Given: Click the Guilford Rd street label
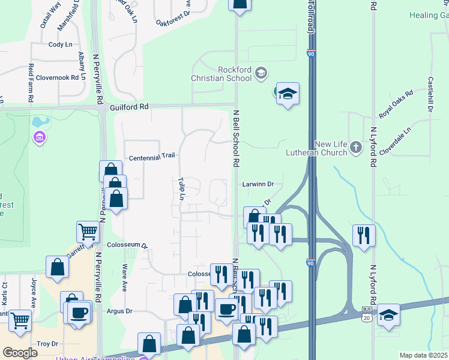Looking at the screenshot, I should coord(129,106).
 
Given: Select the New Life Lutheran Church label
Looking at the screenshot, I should coord(331,148).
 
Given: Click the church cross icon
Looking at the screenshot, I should coord(356,147).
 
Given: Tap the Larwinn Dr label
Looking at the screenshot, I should coord(258,184).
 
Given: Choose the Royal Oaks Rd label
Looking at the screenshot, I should coord(396,104).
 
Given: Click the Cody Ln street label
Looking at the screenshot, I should coord(60,44).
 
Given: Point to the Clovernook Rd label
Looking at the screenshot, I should coord(58,77).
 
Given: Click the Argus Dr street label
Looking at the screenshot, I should coord(119,311).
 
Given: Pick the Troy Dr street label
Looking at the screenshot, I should coord(47,344).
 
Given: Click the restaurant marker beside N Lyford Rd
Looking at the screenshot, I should coord(364,235).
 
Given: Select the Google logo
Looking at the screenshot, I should coord(20,353).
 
